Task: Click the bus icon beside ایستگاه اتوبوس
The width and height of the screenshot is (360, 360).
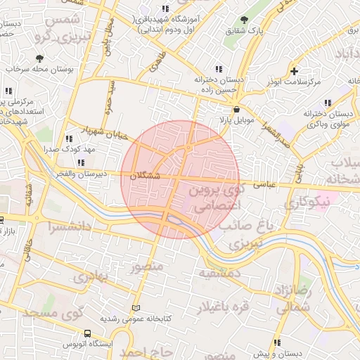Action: click(87, 334)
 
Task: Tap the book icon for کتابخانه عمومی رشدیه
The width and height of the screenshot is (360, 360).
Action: click(136, 309)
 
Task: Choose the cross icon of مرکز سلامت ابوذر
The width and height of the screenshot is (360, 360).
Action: click(294, 71)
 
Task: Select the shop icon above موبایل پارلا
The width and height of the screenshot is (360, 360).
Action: click(236, 110)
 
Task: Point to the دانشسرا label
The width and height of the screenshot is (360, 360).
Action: click(70, 227)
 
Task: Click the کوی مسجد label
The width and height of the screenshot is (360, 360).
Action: click(52, 311)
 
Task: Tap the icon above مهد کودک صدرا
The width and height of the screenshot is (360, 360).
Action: click(68, 139)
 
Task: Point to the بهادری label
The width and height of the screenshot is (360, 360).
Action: click(89, 276)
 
